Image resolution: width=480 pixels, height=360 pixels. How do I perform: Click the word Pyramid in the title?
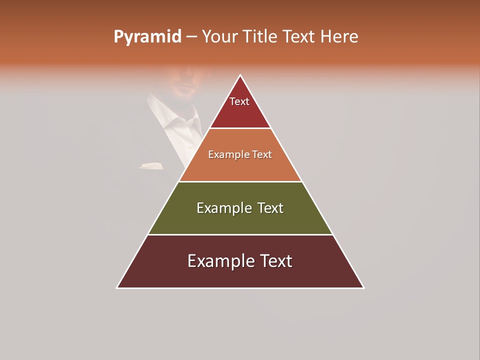point(147,37)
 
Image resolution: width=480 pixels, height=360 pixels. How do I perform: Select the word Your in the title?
point(219,37)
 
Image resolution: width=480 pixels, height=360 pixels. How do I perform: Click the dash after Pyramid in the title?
point(191,37)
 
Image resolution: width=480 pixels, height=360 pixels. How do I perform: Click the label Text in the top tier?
point(239,102)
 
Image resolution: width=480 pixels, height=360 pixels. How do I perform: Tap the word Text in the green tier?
point(270,208)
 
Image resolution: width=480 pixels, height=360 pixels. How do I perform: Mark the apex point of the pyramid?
point(240,75)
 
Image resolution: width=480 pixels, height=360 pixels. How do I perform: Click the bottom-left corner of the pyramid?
point(117,288)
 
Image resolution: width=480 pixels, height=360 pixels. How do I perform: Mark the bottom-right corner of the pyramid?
point(363,288)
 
